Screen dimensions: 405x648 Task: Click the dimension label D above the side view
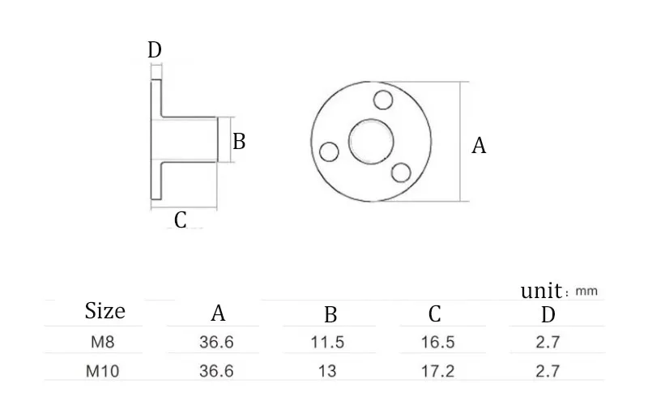[155, 50]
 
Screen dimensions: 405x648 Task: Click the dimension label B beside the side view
[239, 142]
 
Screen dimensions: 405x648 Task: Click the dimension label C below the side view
[181, 220]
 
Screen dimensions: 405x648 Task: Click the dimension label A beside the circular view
[480, 146]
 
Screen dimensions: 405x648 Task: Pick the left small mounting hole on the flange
[329, 151]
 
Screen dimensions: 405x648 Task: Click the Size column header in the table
[105, 311]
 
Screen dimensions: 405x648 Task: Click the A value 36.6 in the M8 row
[216, 342]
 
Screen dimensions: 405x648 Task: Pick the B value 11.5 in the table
[328, 342]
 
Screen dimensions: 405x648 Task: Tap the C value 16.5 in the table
[437, 342]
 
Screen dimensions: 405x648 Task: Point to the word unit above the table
[540, 291]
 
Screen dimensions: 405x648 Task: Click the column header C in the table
[435, 314]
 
